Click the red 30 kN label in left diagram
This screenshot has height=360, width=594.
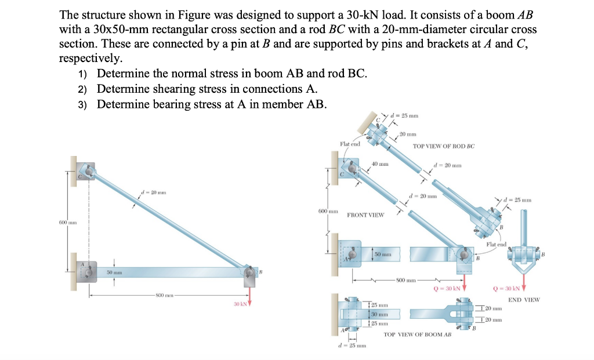pos(240,304)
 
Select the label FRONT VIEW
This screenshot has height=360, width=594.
pos(365,215)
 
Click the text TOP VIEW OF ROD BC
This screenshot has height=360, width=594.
pos(443,146)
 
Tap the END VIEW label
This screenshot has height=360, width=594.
pos(523,300)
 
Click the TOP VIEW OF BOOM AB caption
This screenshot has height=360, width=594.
pos(417,334)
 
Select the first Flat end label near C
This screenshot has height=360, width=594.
pos(350,143)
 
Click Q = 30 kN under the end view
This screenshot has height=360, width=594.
pos(508,288)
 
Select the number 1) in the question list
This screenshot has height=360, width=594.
pos(82,74)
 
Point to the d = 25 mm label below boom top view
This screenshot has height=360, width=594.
pos(350,346)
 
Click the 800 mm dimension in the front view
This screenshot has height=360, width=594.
pos(407,281)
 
